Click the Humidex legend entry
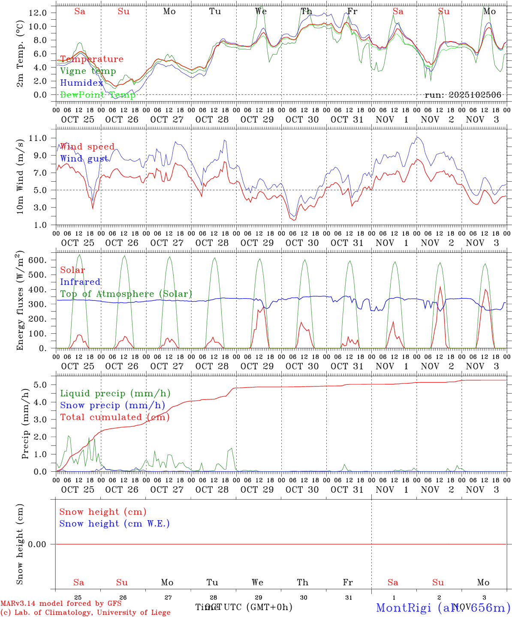[x=81, y=83]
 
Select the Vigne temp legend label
[x=88, y=71]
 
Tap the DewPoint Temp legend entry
[x=98, y=95]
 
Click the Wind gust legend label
[x=84, y=159]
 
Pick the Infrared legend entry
[x=80, y=282]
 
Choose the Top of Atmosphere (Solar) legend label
[x=126, y=294]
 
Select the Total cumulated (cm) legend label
[x=114, y=417]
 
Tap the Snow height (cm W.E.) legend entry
[x=114, y=524]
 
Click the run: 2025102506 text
[x=463, y=95]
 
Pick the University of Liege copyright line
[x=85, y=613]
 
